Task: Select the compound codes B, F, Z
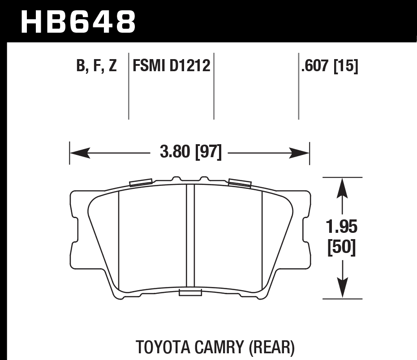tap(96, 67)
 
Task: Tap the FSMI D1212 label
tap(171, 67)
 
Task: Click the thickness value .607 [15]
tap(330, 67)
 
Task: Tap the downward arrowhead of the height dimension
tap(343, 289)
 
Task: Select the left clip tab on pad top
tap(140, 182)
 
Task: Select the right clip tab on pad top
tap(239, 182)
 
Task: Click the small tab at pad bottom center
tap(189, 293)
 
